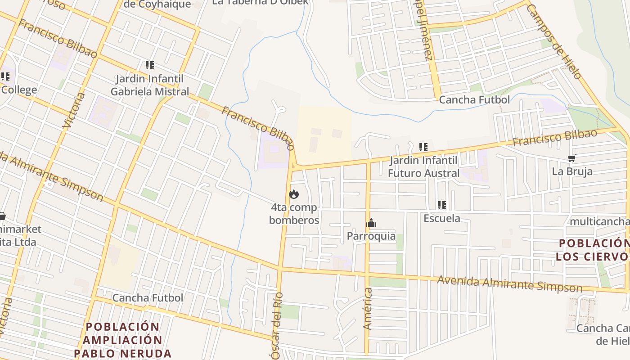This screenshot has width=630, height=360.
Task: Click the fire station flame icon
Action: click(294, 194)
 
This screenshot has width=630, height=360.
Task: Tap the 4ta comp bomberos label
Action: click(294, 214)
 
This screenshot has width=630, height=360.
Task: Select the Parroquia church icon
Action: click(371, 223)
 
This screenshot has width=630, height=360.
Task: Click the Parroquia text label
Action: click(371, 236)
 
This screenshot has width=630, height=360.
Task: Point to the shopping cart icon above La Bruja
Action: click(572, 158)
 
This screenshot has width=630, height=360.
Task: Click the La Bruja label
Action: click(572, 171)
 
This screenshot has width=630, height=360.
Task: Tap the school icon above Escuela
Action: click(442, 205)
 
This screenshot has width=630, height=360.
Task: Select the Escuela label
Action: click(442, 218)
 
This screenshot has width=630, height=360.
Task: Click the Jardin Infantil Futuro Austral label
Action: click(423, 166)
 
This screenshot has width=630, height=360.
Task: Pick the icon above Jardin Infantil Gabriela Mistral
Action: click(150, 65)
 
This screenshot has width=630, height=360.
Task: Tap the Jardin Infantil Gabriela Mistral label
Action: click(150, 85)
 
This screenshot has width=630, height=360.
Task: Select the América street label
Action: click(368, 309)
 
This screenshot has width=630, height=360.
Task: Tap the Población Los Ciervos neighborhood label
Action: click(592, 250)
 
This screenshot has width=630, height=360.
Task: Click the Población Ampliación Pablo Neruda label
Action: click(123, 340)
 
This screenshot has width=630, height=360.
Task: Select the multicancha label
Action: click(599, 221)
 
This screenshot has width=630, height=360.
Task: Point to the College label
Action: click(19, 90)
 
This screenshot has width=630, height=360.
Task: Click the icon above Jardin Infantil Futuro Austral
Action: click(423, 147)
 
